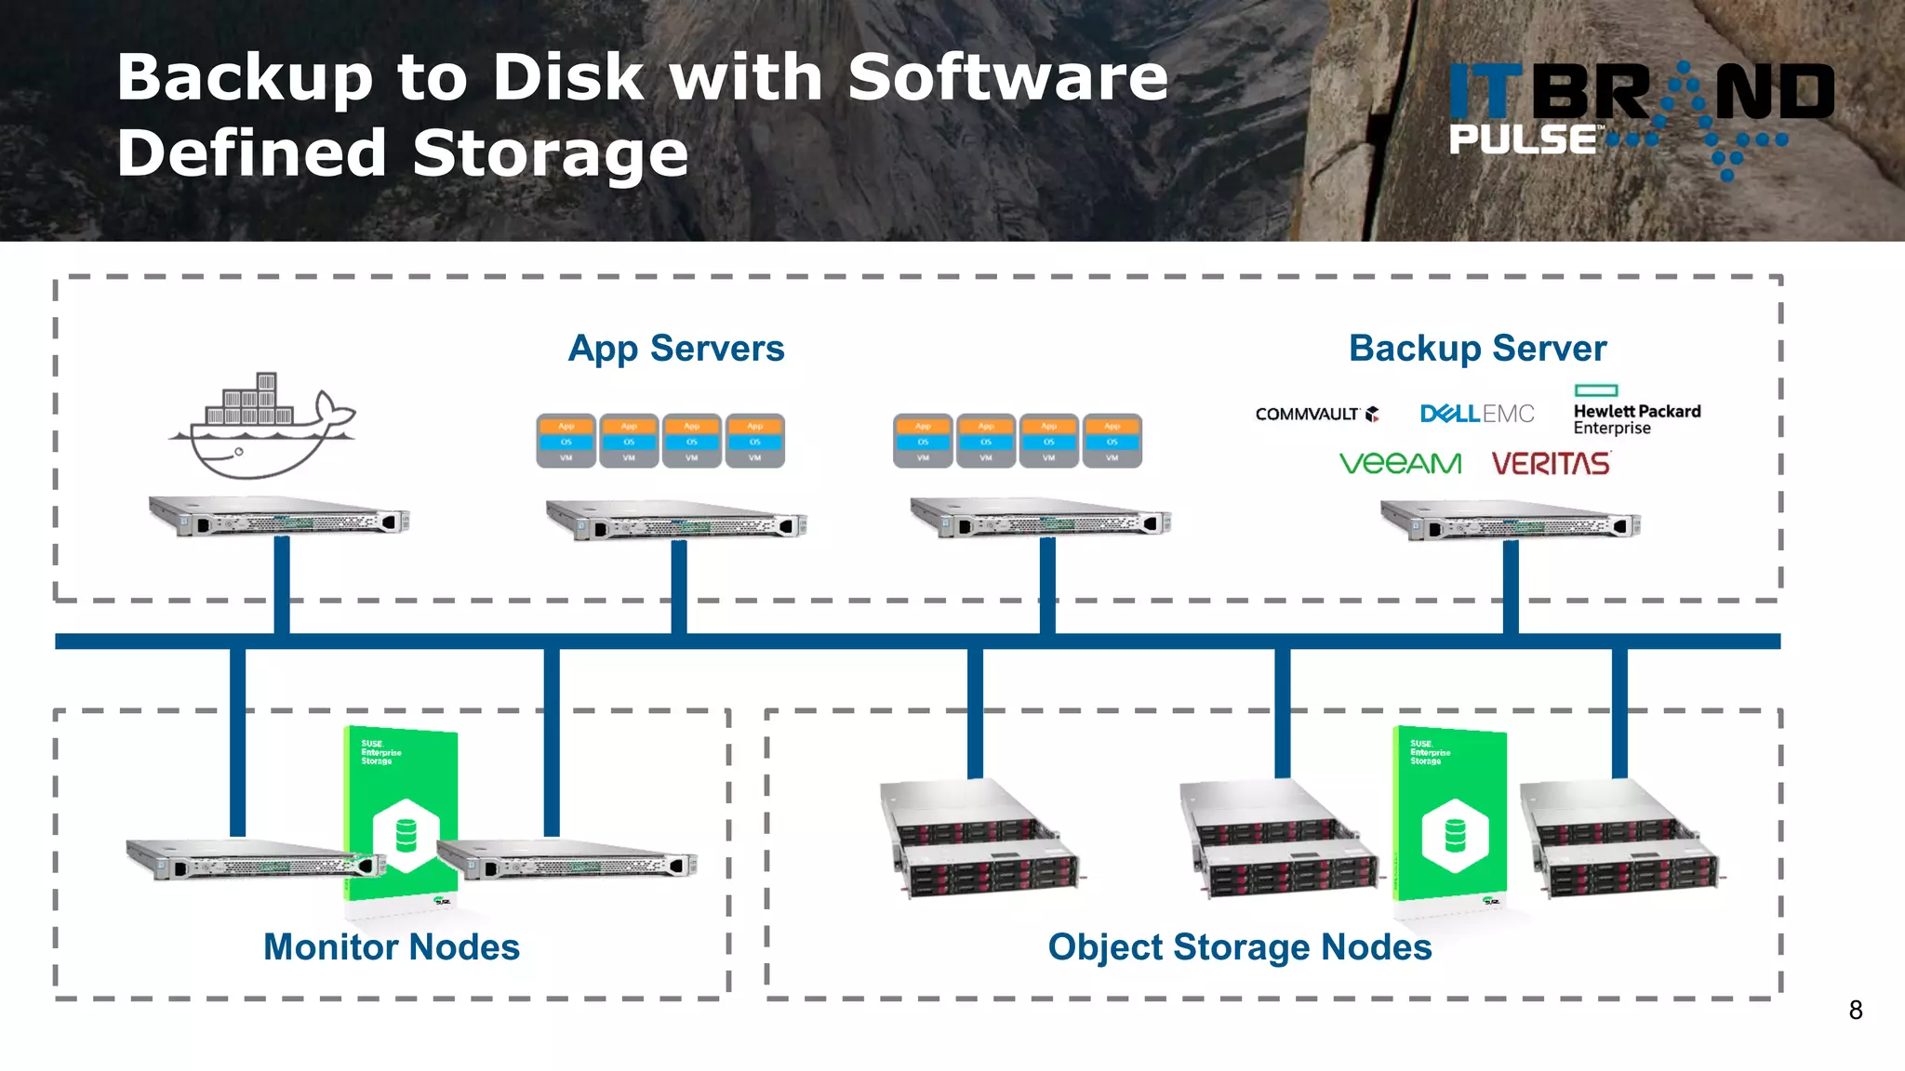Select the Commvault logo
(x=1316, y=414)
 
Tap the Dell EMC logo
(x=1477, y=414)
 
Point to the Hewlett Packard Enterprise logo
(x=1636, y=413)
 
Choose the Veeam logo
(x=1400, y=463)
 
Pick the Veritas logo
(x=1551, y=463)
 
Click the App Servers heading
(x=676, y=349)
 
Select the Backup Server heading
(x=1477, y=349)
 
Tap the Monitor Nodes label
(x=392, y=947)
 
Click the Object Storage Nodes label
(x=1240, y=947)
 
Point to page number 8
(x=1855, y=1011)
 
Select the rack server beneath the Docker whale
(x=279, y=517)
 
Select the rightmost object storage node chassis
(x=1620, y=840)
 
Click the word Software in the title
(x=1007, y=77)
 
